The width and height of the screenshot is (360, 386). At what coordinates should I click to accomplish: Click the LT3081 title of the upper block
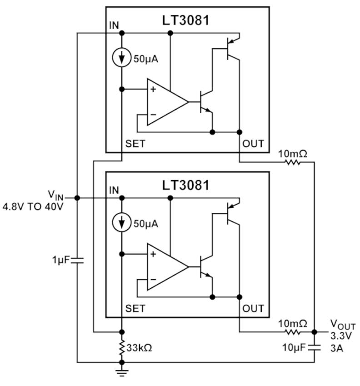click(185, 20)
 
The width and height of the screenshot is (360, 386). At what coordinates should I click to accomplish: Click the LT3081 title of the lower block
click(185, 185)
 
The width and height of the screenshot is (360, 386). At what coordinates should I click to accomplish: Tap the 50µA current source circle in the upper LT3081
click(121, 58)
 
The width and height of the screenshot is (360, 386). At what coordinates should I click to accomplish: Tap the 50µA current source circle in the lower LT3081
click(121, 222)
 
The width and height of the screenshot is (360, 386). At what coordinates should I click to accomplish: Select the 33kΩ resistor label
click(139, 348)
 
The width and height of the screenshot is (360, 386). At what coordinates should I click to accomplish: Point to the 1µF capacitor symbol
click(77, 261)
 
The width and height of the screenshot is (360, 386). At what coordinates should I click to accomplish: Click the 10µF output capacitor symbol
click(314, 348)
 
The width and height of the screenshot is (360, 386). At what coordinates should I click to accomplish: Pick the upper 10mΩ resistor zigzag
click(293, 162)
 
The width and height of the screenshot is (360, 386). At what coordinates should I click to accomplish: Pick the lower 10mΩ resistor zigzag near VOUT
click(293, 332)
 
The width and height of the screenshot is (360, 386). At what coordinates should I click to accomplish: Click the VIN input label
click(56, 195)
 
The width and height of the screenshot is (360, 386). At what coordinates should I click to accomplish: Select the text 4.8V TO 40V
click(33, 206)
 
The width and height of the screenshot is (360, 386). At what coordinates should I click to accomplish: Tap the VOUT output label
click(343, 325)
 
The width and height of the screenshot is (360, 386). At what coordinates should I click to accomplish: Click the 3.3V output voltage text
click(341, 336)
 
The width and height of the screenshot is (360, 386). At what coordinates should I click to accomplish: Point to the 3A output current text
click(337, 348)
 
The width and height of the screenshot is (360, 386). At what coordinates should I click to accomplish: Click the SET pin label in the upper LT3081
click(135, 144)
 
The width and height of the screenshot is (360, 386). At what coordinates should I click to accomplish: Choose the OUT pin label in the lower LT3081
click(253, 308)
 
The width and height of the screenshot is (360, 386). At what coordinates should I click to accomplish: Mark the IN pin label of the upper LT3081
click(114, 25)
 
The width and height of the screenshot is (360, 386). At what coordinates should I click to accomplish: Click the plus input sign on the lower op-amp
click(153, 254)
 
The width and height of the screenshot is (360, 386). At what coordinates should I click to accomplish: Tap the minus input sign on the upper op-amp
click(153, 115)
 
